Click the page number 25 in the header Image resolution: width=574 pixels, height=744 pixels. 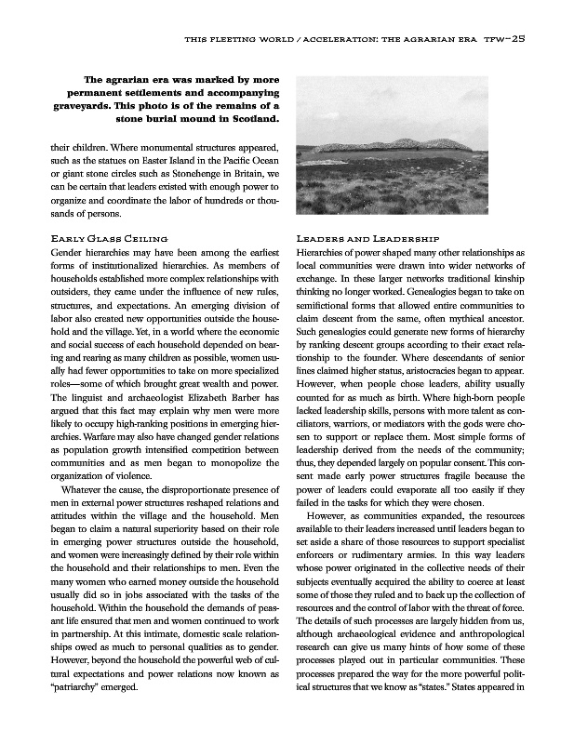518,39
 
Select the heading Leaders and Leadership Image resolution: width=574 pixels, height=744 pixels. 361,239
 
